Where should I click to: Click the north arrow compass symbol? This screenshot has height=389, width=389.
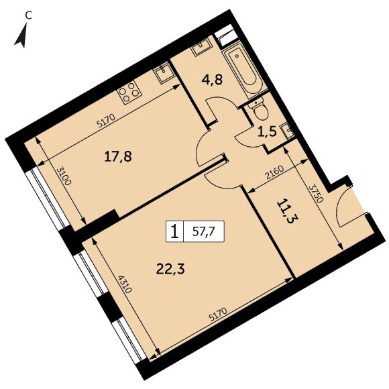(21, 36)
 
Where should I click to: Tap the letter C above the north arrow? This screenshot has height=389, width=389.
(29, 16)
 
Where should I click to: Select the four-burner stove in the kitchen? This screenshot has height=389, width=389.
(129, 93)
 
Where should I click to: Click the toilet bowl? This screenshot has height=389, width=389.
(259, 111)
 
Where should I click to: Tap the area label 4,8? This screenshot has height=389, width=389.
(212, 80)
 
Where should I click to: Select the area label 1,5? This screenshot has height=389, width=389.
(267, 132)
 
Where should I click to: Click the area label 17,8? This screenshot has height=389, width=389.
(118, 157)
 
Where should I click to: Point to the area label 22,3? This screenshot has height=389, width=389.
(170, 269)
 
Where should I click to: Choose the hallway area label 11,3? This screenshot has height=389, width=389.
(288, 211)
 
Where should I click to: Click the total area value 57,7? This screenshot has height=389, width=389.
(204, 231)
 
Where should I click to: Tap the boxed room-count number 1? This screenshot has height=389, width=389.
(175, 231)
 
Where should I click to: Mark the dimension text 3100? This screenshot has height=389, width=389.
(64, 177)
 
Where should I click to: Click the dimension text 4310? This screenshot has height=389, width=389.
(124, 284)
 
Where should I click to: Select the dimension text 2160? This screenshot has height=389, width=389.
(274, 172)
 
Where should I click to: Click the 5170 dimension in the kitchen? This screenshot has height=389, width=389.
(106, 121)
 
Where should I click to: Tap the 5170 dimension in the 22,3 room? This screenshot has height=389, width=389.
(218, 315)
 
